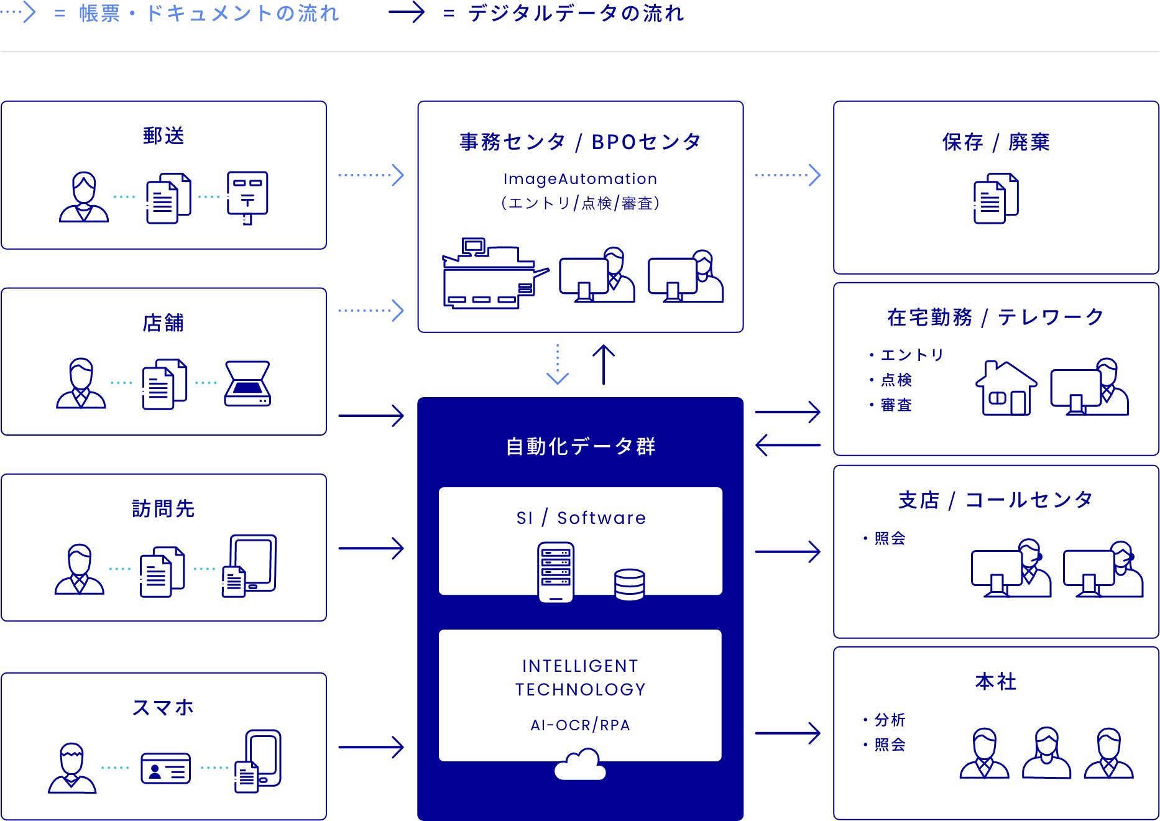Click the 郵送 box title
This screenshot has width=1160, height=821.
point(163,135)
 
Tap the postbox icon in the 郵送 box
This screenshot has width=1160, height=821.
point(247,196)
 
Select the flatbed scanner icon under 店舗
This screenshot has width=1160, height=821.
point(247,383)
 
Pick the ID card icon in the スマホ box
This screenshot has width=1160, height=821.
point(165,768)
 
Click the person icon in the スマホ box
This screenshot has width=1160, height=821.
point(72,768)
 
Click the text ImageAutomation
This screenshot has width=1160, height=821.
point(580,179)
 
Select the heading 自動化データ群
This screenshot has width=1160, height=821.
point(580,446)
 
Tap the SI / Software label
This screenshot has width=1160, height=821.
point(580,518)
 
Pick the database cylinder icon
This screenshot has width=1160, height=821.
point(629,584)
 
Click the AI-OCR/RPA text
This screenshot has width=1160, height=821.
point(580,725)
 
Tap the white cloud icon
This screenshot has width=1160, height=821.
point(580,765)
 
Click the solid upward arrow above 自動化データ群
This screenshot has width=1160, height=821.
point(603,365)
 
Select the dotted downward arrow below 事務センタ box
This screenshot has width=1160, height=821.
point(558,365)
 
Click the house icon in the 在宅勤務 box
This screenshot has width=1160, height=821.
point(1005,388)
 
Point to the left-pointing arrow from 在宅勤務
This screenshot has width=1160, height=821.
point(787,445)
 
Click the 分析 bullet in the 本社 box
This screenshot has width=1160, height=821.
point(889,720)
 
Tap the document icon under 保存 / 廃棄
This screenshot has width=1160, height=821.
point(995,199)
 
